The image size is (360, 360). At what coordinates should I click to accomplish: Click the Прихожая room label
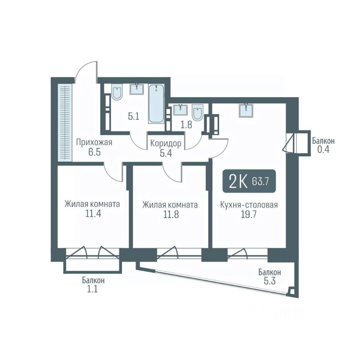94,142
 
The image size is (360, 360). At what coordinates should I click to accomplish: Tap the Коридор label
166,144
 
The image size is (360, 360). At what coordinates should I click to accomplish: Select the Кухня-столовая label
249,204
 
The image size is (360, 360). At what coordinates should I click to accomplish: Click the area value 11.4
93,214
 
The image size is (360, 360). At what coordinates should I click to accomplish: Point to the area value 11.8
171,214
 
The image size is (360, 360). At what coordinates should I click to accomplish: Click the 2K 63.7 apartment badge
249,181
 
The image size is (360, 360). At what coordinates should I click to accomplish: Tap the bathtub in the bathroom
157,104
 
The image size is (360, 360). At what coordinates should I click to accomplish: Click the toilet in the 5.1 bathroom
117,92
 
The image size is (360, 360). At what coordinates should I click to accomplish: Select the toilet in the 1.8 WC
197,112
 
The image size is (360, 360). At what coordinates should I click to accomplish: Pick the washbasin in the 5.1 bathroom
137,89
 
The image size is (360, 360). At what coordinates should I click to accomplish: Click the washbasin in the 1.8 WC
180,110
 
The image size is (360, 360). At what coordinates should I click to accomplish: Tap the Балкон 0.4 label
323,145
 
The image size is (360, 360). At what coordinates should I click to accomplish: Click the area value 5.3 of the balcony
270,281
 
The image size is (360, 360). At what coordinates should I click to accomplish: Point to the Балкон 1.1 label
93,284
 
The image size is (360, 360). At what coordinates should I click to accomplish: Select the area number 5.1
133,117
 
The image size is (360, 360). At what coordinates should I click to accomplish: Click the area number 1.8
186,125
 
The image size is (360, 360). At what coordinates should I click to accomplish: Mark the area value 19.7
249,214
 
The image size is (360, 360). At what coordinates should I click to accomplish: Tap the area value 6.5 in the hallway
94,152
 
